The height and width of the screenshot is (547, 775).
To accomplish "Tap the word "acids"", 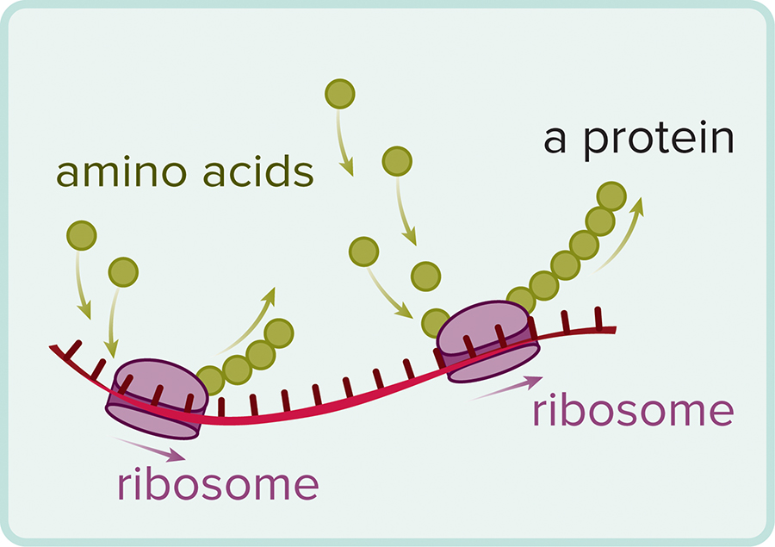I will (x=256, y=173).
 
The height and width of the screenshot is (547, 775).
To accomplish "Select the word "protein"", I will (x=660, y=140).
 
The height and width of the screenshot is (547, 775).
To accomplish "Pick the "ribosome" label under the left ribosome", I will (x=218, y=484).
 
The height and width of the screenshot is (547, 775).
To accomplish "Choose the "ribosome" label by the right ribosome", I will (x=633, y=412).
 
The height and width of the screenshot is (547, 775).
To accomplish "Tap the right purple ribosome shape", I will (x=488, y=339).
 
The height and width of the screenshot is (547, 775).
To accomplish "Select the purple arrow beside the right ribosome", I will (x=508, y=388).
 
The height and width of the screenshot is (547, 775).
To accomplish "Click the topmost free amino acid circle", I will (x=340, y=93).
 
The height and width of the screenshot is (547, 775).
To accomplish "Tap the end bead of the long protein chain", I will (x=611, y=196).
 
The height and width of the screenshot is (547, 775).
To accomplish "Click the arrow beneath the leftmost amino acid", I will (x=83, y=284).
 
